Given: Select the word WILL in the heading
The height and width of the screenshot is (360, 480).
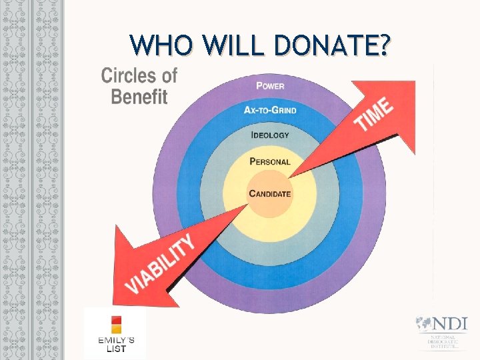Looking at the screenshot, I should pyautogui.click(x=230, y=47).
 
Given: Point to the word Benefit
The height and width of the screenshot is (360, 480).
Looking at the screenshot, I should pyautogui.click(x=139, y=97).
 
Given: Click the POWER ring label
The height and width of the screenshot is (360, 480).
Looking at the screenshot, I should pyautogui.click(x=270, y=85).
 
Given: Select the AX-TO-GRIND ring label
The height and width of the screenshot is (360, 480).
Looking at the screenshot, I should pyautogui.click(x=270, y=110).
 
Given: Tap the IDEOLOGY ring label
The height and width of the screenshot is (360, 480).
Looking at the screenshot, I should pyautogui.click(x=270, y=135).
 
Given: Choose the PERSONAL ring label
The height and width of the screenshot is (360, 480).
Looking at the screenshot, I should pyautogui.click(x=270, y=161).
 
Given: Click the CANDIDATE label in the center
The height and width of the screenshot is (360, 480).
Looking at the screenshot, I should pyautogui.click(x=270, y=193).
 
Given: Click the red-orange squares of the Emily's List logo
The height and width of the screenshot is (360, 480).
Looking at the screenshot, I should pyautogui.click(x=117, y=325).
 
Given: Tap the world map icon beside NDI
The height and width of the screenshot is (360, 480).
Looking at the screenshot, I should pyautogui.click(x=422, y=324).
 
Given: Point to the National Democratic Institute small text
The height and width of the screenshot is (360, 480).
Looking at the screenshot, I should pyautogui.click(x=443, y=342).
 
